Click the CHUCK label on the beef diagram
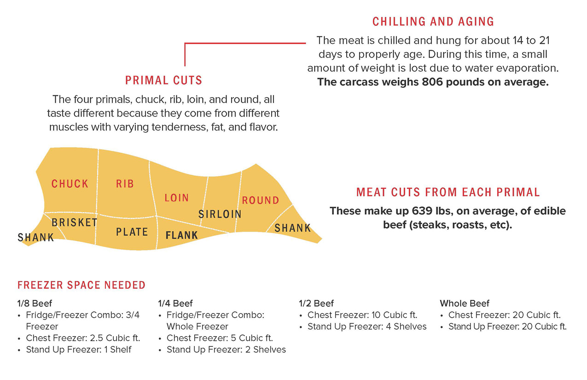(x=70, y=184)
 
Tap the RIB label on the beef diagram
(x=125, y=184)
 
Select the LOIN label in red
(x=177, y=198)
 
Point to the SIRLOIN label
(x=220, y=214)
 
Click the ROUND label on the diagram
(x=261, y=200)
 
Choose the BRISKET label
(x=75, y=222)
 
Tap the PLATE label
(x=132, y=232)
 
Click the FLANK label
(x=181, y=235)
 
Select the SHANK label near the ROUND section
(x=293, y=228)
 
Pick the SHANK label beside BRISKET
(x=36, y=238)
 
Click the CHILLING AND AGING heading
(x=433, y=22)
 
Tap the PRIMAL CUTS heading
(x=163, y=81)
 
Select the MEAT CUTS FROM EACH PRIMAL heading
(x=448, y=192)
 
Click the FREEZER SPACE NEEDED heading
(x=81, y=285)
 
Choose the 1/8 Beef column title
(x=35, y=304)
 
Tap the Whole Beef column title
(x=465, y=304)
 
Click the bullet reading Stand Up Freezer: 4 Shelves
(x=367, y=327)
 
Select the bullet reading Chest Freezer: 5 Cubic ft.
(x=220, y=338)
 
